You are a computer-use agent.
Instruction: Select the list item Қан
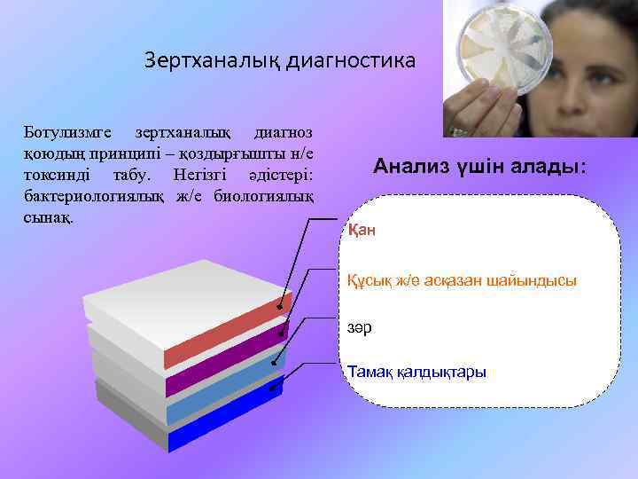click(362, 231)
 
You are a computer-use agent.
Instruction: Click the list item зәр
click(359, 328)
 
